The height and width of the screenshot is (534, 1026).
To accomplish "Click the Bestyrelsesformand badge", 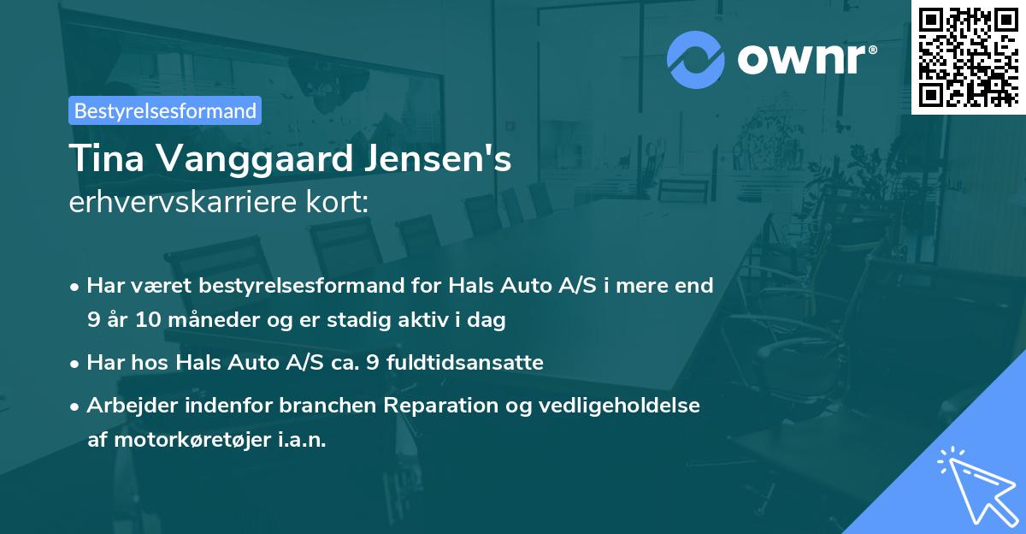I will [165, 110].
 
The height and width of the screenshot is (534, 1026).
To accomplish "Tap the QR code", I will [968, 57].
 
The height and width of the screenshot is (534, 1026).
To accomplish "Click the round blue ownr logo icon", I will [696, 60].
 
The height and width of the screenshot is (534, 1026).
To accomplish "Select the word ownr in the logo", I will [804, 60].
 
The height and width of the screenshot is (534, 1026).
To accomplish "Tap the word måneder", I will [204, 321].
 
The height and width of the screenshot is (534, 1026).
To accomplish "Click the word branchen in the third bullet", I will [346, 405].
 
